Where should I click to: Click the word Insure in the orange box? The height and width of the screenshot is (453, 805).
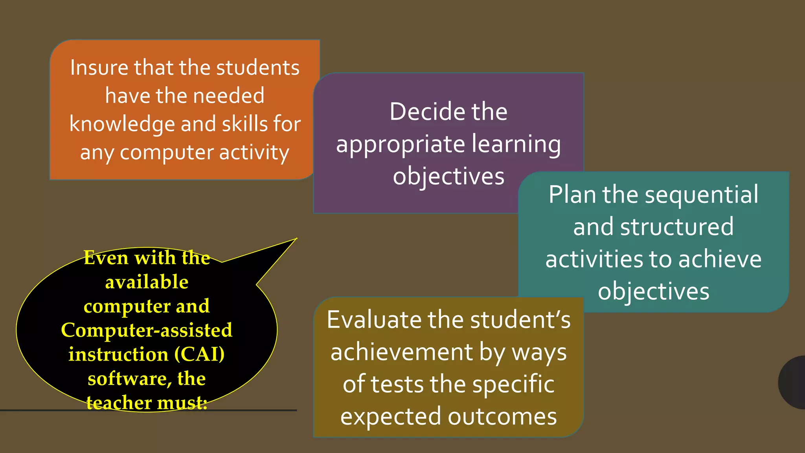click(99, 68)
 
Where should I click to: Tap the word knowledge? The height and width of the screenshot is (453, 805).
click(122, 125)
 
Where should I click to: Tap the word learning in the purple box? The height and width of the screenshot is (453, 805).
click(516, 145)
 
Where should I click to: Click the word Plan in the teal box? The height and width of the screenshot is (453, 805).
click(572, 195)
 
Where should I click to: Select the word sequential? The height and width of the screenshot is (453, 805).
click(703, 195)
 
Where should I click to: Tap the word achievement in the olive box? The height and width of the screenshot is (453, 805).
click(401, 352)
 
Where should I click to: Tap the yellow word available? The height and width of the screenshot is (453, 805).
click(147, 282)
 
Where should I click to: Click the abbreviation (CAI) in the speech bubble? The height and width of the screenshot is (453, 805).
click(200, 354)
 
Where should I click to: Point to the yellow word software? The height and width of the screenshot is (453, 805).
click(129, 379)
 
